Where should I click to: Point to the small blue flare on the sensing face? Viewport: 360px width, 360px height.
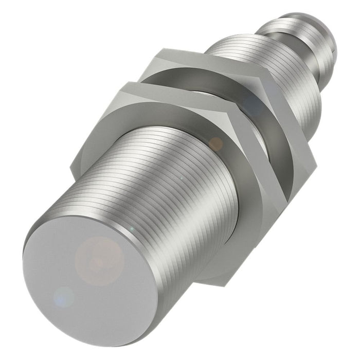[x=64, y=297]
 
